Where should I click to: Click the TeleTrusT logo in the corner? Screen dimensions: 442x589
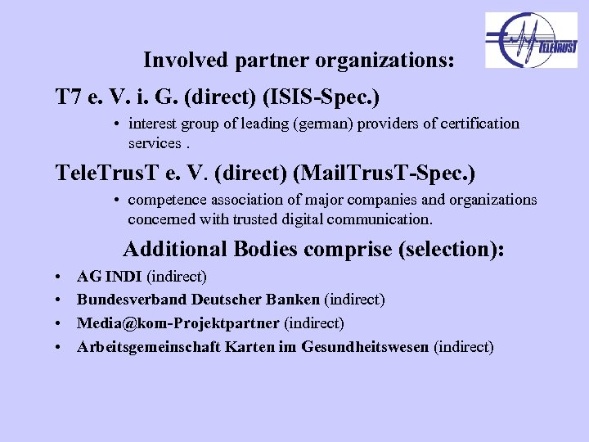click(531, 40)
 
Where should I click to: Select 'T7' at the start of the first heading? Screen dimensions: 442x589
click(68, 98)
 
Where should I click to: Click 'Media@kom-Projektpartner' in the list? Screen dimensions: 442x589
click(178, 323)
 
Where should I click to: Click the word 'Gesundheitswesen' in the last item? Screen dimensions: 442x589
click(365, 347)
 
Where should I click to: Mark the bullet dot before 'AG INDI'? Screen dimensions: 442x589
click(61, 278)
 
